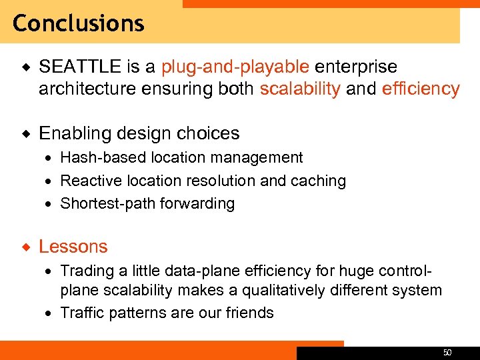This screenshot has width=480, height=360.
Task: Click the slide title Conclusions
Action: [x=78, y=23]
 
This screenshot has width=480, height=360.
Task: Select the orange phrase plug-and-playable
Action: [x=235, y=67]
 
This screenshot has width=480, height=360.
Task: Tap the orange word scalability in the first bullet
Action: [x=300, y=89]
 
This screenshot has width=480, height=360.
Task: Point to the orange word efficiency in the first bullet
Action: [x=421, y=89]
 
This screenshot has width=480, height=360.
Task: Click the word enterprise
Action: [x=356, y=67]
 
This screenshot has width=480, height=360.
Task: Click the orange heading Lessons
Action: [x=73, y=247]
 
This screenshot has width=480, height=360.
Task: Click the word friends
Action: [x=248, y=313]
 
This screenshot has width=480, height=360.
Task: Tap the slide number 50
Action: [x=447, y=351]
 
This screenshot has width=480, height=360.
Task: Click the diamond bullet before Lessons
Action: [x=25, y=247]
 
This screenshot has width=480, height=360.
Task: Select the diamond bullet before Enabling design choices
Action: [x=25, y=133]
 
